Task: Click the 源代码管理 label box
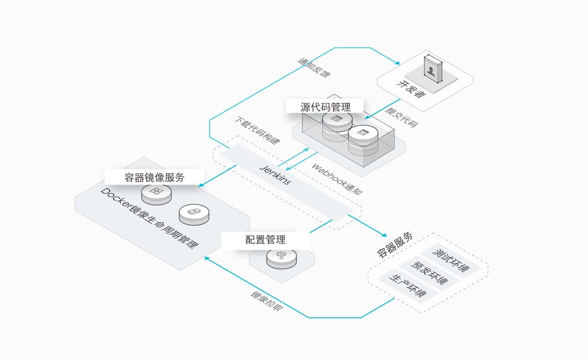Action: (x=324, y=107)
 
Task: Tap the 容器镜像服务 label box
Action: (x=154, y=177)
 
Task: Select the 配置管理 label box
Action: (x=265, y=240)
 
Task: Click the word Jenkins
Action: (x=275, y=174)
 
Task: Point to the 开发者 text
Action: (x=411, y=89)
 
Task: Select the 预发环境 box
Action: (x=430, y=274)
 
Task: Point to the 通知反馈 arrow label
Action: (x=314, y=68)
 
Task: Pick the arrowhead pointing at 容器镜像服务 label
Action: (x=201, y=186)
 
